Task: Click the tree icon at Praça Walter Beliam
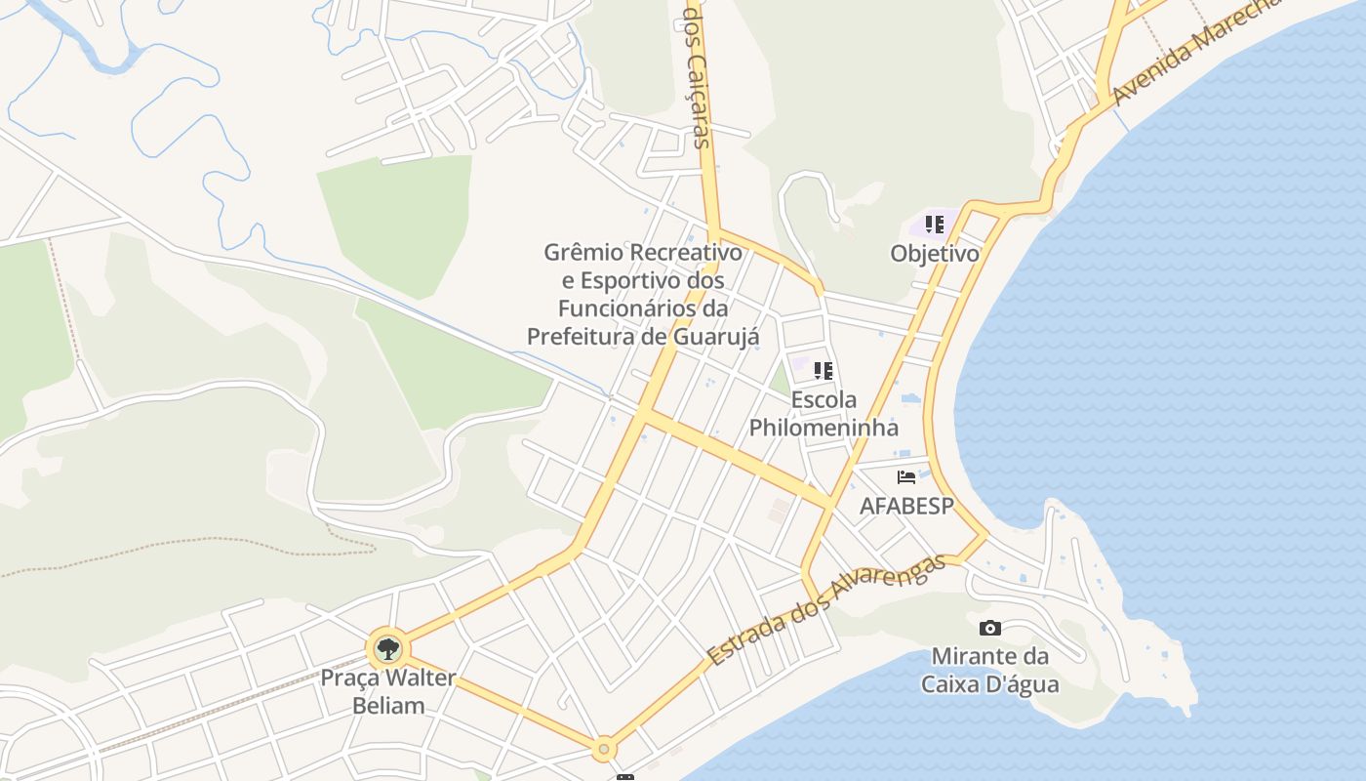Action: [x=388, y=647]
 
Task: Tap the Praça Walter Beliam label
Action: [x=388, y=690]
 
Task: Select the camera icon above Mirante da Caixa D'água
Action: [x=989, y=628]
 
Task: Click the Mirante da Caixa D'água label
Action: [x=989, y=670]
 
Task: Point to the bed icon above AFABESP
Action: [x=906, y=477]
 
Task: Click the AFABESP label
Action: [x=905, y=506]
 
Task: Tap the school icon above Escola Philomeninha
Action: [x=824, y=371]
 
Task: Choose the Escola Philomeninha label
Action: [x=824, y=414]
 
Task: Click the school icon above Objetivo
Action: [x=934, y=226]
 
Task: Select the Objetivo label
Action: [x=934, y=254]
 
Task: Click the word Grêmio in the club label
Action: [x=583, y=253]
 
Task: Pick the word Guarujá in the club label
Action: [x=716, y=337]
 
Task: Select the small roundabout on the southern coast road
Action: [x=604, y=749]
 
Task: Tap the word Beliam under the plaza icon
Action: [x=388, y=705]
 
